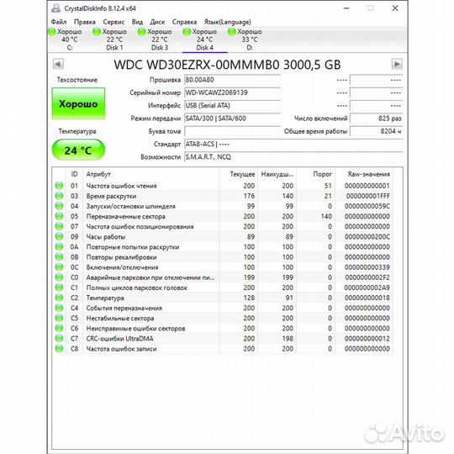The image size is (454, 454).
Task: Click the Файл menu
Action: (59, 21)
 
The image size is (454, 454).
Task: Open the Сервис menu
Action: (113, 21)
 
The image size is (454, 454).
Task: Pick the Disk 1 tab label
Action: (113, 48)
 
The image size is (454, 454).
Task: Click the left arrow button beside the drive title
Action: (58, 64)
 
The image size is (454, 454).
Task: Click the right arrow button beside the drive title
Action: (397, 64)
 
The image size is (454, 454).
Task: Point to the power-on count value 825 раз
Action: (374, 119)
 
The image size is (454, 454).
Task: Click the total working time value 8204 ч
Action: (374, 131)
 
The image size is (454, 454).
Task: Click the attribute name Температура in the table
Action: (104, 298)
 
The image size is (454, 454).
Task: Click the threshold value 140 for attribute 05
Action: (323, 216)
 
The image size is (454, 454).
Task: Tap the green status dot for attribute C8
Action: (60, 348)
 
